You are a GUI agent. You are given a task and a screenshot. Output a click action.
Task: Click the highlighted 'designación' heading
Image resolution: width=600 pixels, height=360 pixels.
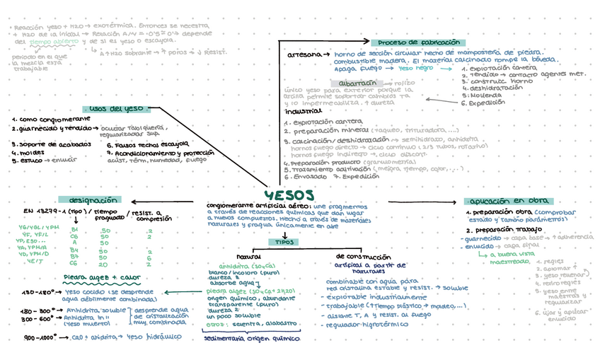[89, 200]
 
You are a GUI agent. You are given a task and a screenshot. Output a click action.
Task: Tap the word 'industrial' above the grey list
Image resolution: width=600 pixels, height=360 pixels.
[302, 112]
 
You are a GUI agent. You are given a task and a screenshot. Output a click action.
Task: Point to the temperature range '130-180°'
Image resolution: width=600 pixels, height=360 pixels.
[39, 291]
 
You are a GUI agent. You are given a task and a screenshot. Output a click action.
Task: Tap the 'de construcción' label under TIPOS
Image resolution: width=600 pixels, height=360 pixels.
[359, 255]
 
